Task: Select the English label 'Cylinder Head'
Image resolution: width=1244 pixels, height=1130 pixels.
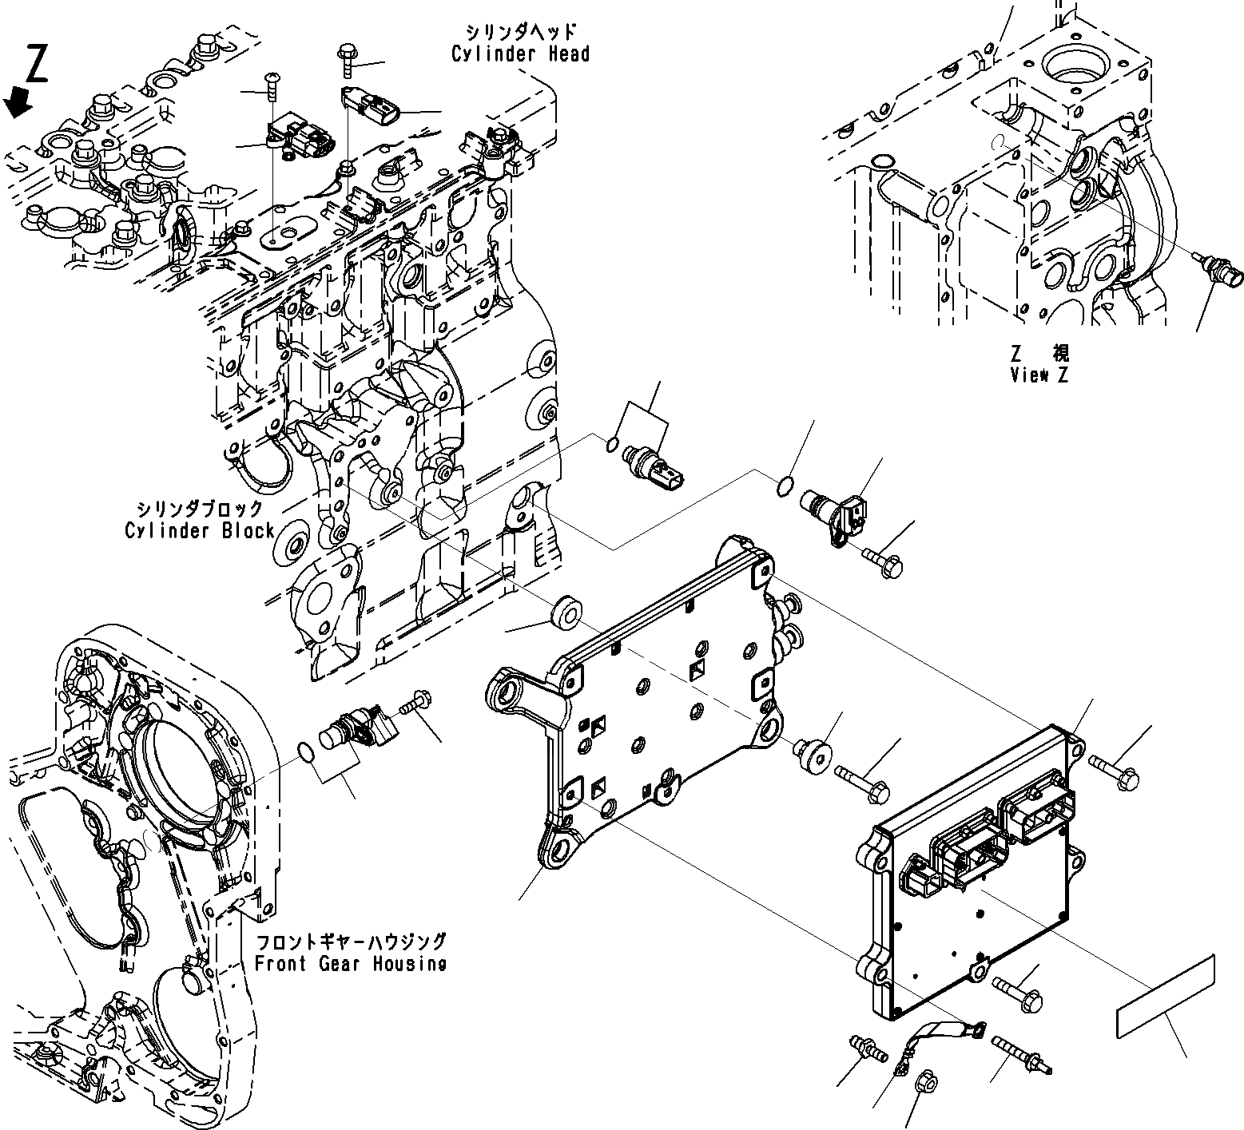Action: tap(520, 54)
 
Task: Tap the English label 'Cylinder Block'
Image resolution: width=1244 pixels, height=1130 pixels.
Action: tap(200, 530)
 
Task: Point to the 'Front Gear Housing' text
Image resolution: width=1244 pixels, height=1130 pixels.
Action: tap(350, 963)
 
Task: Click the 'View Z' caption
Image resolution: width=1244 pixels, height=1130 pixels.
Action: tap(1039, 375)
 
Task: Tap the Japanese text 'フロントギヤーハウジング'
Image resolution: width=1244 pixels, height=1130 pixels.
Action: tap(350, 942)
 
